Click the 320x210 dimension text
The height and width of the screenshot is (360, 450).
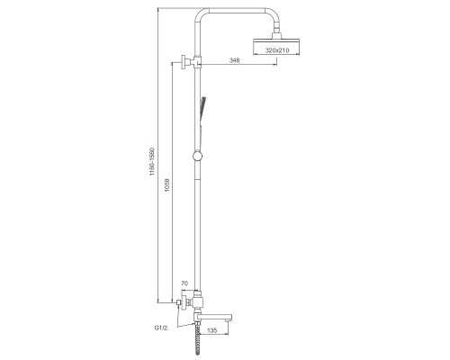[x=277, y=50]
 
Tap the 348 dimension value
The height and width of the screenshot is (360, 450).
[x=234, y=60]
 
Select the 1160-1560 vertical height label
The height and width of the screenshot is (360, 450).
[x=152, y=162]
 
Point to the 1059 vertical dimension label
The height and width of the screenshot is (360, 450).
[x=167, y=185]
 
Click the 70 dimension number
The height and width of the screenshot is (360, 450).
[x=184, y=283]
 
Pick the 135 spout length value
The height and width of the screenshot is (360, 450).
[x=211, y=330]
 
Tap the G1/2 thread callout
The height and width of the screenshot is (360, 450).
[x=160, y=328]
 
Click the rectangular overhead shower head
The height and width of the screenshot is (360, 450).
[x=276, y=47]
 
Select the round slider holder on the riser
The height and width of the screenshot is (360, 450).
[x=198, y=156]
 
